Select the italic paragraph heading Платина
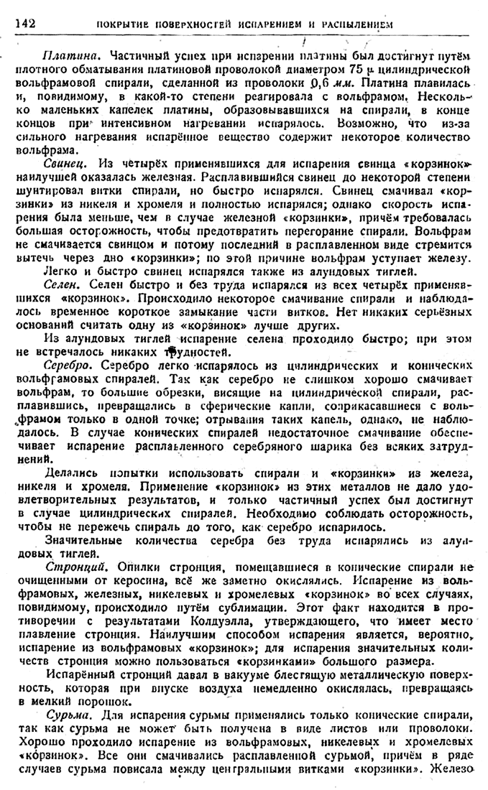(x=66, y=55)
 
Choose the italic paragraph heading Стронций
(x=71, y=566)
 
